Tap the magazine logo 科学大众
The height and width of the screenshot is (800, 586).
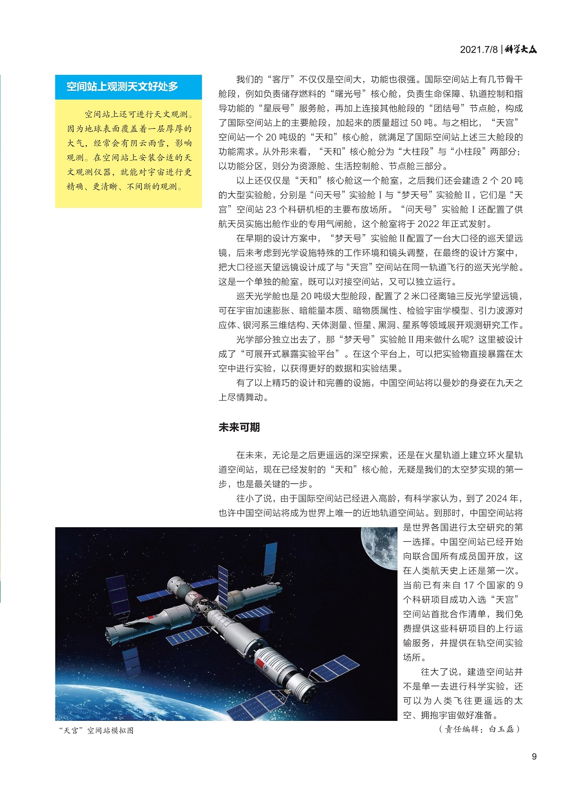click(x=521, y=49)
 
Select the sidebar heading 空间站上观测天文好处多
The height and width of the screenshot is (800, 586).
click(x=122, y=87)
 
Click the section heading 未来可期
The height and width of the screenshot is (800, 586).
click(x=239, y=427)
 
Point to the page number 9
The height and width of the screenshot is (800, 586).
click(x=534, y=757)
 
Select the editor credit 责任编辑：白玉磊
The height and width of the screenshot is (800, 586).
click(x=479, y=729)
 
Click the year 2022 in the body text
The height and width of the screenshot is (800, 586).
click(x=429, y=224)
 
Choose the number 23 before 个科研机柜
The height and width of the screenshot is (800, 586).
click(x=272, y=209)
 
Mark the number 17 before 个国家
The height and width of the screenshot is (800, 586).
click(x=469, y=585)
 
